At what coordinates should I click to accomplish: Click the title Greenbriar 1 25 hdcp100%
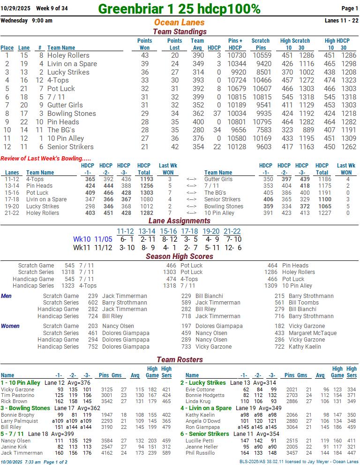point(179,8)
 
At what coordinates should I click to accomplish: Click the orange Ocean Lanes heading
point(179,23)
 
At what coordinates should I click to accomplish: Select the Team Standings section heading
point(180,31)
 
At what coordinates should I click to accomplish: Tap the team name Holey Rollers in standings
point(68,55)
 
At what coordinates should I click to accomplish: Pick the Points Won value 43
point(144,55)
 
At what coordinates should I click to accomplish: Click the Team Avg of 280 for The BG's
point(198,130)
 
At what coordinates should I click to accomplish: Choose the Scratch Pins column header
point(261,44)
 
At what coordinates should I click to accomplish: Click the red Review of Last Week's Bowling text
point(46,159)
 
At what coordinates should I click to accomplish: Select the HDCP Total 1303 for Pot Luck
point(147,193)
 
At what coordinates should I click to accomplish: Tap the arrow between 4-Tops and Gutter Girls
point(191,179)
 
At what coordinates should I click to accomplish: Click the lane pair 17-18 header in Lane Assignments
point(189,231)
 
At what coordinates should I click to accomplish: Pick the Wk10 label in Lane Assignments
point(82,239)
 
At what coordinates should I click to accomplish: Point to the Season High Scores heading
point(180,256)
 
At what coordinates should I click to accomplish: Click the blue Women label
point(10,326)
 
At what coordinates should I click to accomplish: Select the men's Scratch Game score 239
point(93,296)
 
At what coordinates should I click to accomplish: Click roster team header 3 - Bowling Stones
point(25,408)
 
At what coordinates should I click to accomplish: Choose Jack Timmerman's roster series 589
point(166,453)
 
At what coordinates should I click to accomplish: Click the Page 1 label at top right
point(350,8)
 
